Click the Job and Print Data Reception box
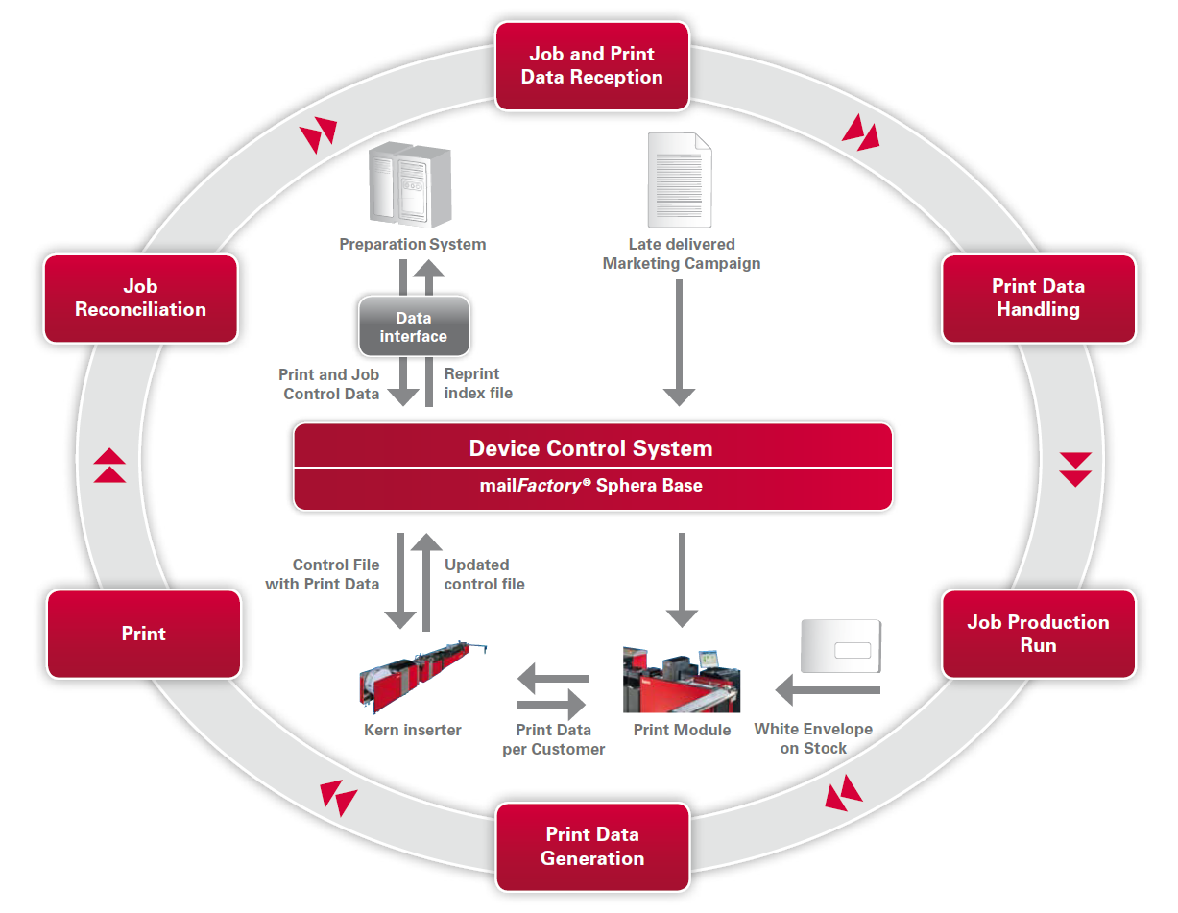[592, 66]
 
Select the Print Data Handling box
[1038, 299]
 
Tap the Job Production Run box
[1038, 634]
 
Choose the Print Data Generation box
[592, 847]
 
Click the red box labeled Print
[144, 634]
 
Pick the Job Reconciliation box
[141, 299]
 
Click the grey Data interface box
[414, 326]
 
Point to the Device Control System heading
[590, 448]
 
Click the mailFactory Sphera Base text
[590, 486]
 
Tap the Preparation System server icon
[410, 187]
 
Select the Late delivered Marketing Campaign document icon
[680, 180]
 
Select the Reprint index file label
[478, 383]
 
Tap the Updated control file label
[485, 574]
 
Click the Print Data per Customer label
[554, 739]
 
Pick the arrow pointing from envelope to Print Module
[828, 689]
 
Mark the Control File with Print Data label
[324, 574]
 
